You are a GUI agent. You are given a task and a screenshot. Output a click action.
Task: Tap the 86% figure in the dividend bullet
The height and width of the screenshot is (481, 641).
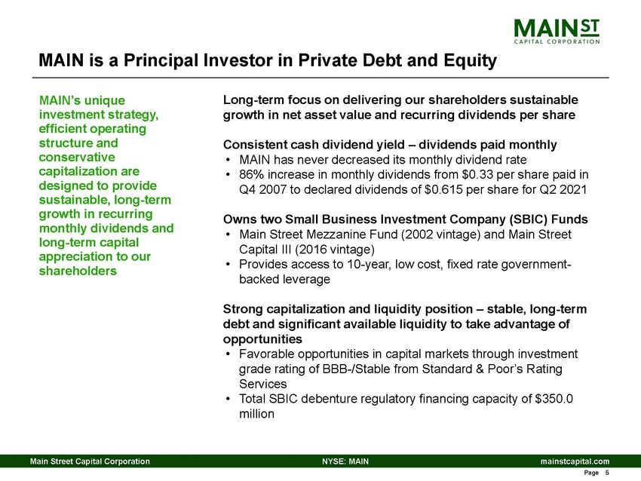coord(251,174)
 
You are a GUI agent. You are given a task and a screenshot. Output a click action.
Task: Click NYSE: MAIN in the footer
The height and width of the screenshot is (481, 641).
coord(345,460)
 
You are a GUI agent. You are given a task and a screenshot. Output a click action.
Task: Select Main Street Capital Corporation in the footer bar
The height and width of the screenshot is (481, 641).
coord(90,460)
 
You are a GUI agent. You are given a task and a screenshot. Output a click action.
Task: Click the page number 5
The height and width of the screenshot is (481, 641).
coord(606,473)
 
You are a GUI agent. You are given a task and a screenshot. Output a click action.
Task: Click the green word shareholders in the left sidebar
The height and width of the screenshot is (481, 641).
coord(77,271)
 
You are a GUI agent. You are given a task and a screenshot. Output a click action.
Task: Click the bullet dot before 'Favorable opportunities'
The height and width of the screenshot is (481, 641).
coord(228,354)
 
